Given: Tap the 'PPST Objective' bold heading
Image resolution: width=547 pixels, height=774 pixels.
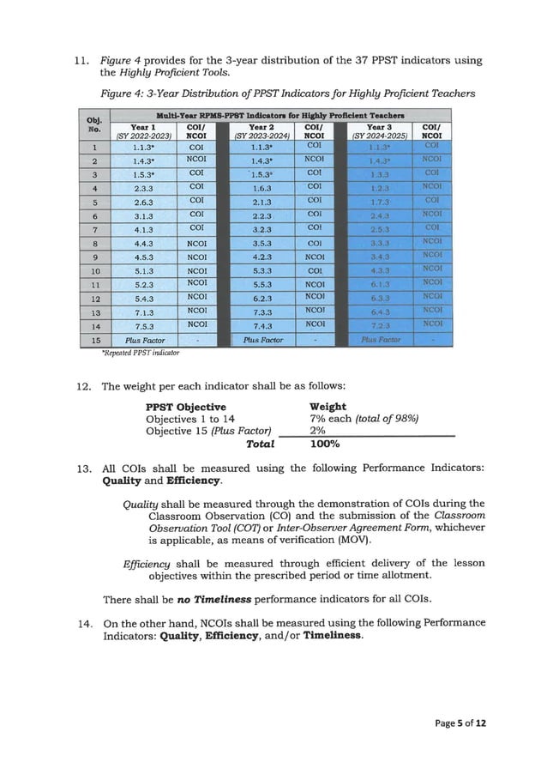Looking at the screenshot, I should (186, 406).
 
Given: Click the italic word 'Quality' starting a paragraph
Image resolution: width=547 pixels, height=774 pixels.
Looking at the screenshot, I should (141, 503).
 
